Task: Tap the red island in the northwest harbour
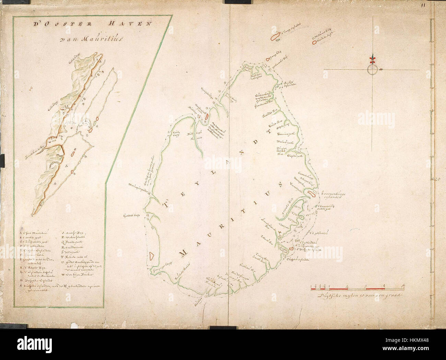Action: [x=207, y=116]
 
